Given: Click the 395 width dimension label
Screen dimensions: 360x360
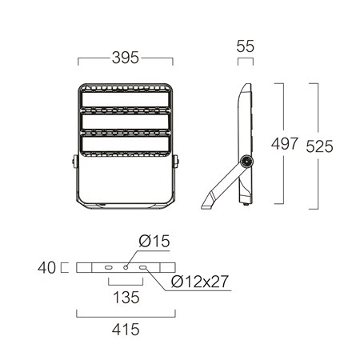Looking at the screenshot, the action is (x=126, y=58).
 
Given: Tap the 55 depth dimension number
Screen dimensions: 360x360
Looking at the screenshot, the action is (x=246, y=46).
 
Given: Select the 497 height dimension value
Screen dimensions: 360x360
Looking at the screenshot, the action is (x=284, y=144).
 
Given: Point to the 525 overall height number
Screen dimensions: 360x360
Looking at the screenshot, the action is (x=319, y=146).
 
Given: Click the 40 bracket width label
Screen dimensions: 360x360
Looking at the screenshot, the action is (x=47, y=268).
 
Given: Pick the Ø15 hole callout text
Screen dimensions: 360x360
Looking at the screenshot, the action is (x=154, y=241).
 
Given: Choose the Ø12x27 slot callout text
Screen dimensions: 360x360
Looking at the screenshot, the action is (x=200, y=282).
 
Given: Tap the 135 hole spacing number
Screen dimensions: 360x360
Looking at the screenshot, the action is (x=126, y=298).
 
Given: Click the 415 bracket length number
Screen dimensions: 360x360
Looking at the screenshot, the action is (x=126, y=330).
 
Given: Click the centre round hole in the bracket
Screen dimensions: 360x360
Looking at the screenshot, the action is (x=126, y=267).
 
